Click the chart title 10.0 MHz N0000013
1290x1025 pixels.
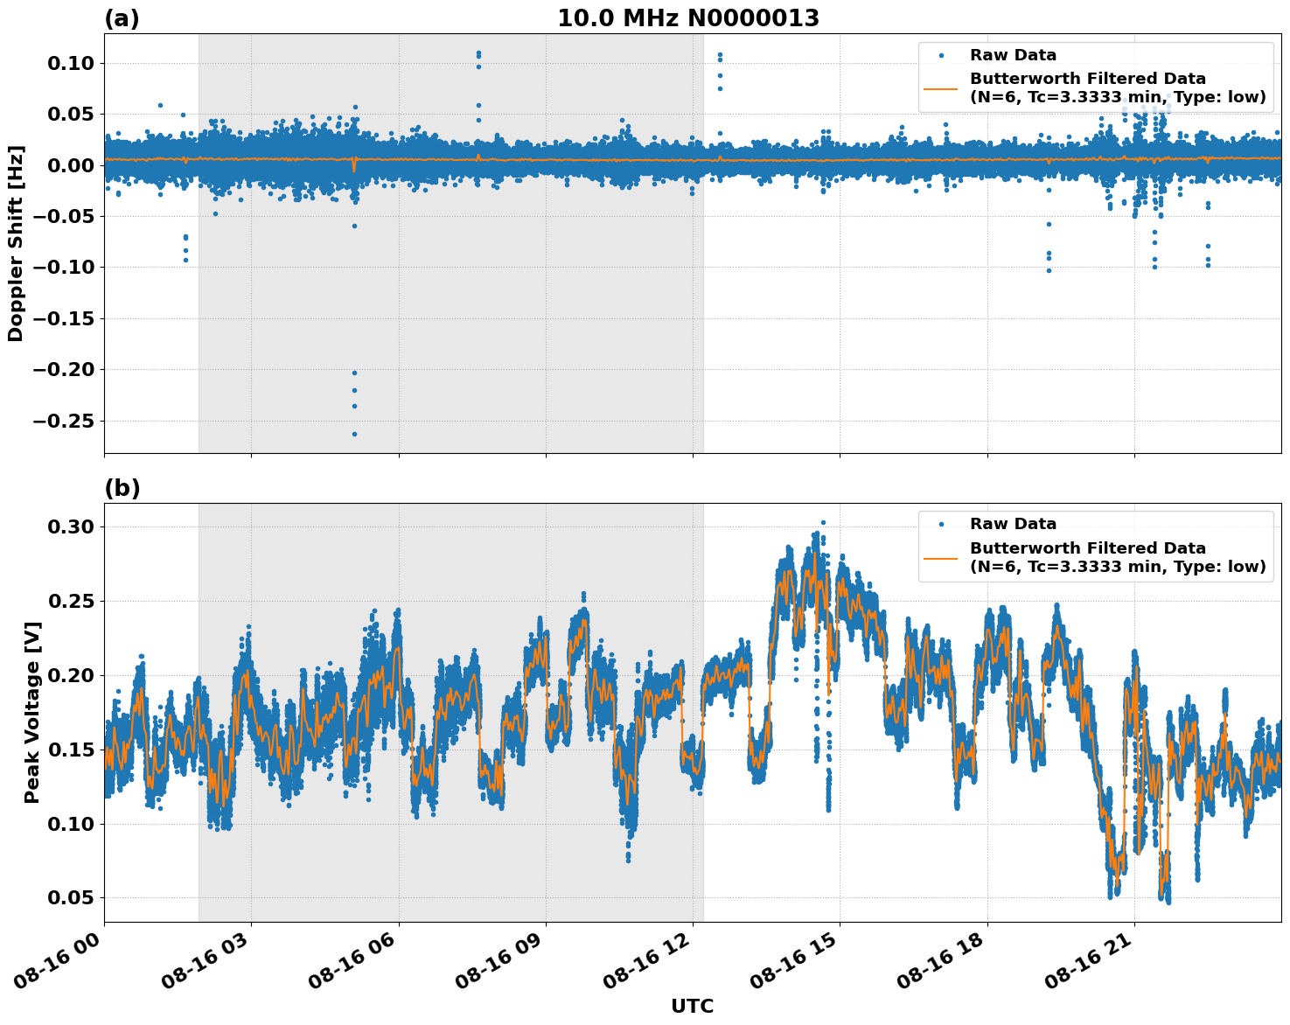tap(688, 18)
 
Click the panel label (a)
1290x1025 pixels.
tap(122, 18)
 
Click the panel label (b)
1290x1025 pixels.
tap(122, 488)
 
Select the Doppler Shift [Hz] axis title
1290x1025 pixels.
tap(16, 243)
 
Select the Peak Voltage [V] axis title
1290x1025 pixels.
tap(32, 731)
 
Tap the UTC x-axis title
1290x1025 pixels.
tap(692, 1006)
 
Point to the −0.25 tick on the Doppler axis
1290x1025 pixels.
tap(66, 421)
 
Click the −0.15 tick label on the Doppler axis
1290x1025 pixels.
tap(66, 318)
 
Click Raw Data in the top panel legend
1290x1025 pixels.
tap(1013, 55)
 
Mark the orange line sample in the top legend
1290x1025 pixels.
tap(941, 87)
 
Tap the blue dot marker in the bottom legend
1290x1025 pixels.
tap(941, 524)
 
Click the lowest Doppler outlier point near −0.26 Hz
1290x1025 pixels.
tap(354, 434)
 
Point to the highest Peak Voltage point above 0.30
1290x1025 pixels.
tap(822, 522)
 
